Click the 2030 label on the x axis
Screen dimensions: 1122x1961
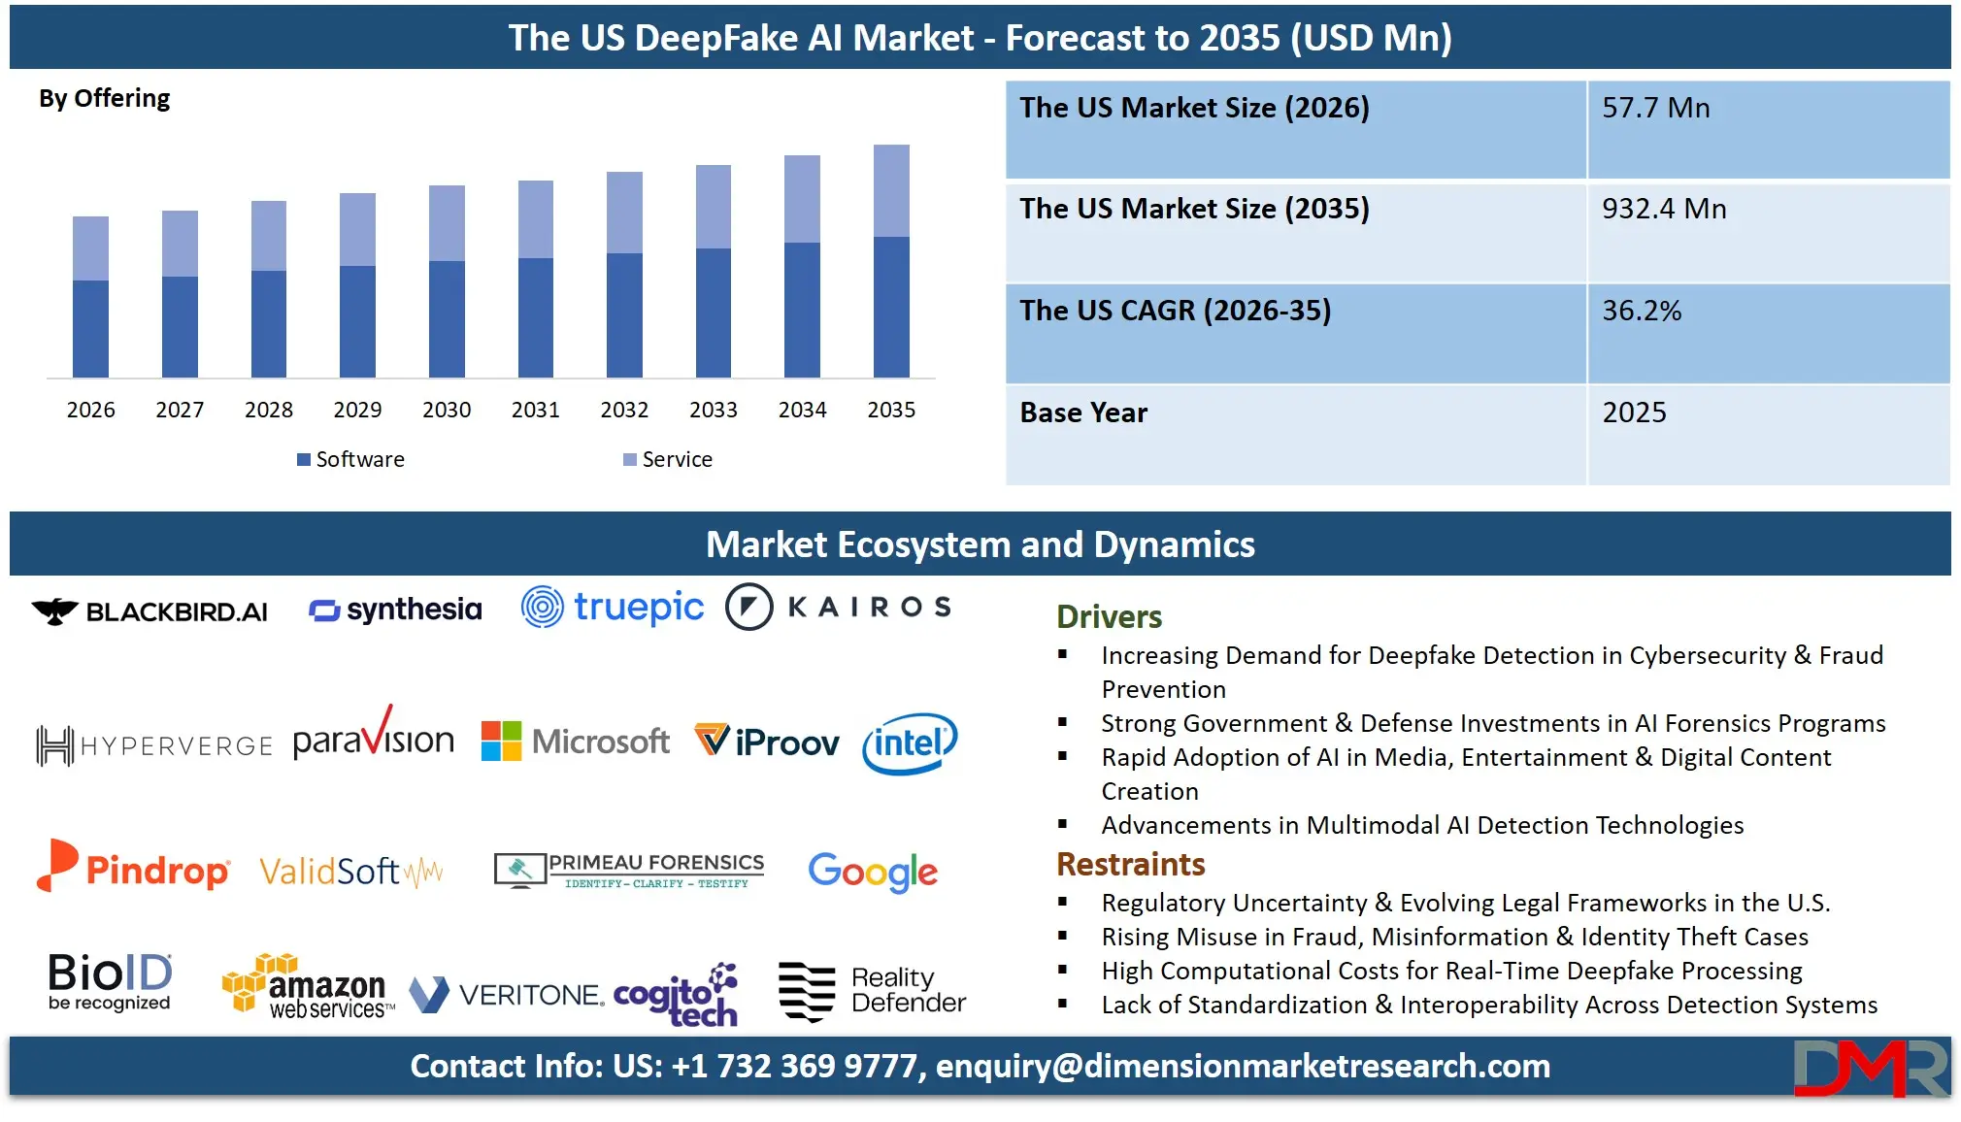tap(447, 410)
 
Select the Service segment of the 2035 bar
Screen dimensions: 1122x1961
tap(891, 191)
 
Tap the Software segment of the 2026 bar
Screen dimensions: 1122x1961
tap(90, 328)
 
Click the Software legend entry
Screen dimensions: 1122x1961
tap(350, 459)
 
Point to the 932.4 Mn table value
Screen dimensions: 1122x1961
tap(1664, 209)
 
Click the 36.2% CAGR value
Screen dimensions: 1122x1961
tap(1642, 311)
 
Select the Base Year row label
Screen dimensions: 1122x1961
tap(1083, 412)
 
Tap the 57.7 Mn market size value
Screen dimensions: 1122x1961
tap(1655, 108)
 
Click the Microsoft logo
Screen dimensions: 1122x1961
tap(576, 742)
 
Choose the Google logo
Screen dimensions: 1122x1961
tap(873, 872)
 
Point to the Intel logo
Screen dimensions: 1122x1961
tap(910, 743)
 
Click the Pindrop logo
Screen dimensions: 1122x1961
tap(133, 867)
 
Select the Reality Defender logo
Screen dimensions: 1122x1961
tap(872, 991)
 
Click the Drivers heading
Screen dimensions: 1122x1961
tap(1109, 616)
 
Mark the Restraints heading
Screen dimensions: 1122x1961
tap(1130, 864)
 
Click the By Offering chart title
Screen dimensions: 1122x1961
tap(104, 98)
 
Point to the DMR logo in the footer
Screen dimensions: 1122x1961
tap(1870, 1068)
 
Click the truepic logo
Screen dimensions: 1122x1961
tap(613, 608)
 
